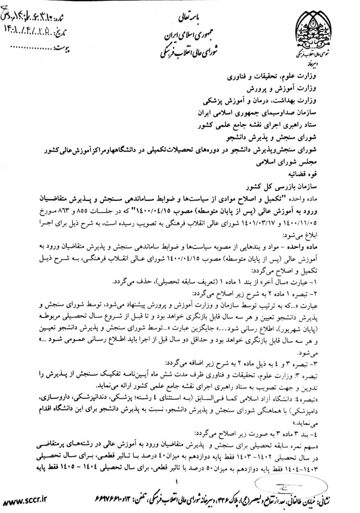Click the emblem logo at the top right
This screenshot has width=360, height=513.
pyautogui.click(x=314, y=30)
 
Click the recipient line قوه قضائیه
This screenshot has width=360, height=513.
pyautogui.click(x=315, y=176)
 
